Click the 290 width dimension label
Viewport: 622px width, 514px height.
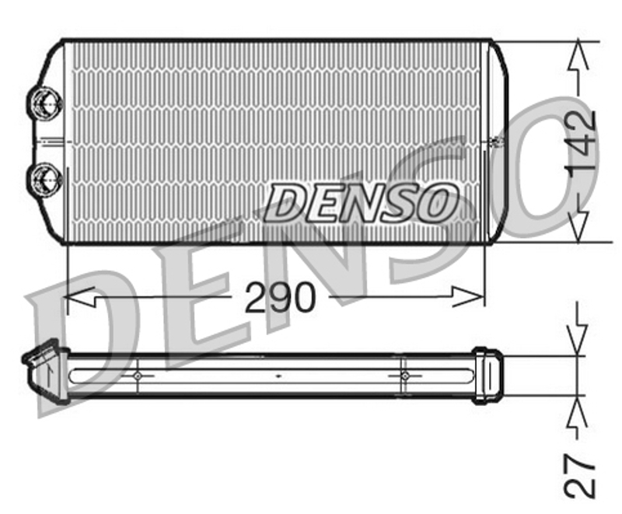coord(281,297)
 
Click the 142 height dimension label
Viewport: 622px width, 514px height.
coord(580,141)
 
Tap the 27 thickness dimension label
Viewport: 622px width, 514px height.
coord(580,475)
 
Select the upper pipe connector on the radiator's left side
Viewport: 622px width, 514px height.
coord(44,103)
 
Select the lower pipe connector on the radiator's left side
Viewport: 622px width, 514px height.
coord(44,180)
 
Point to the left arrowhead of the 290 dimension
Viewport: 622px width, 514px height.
coord(80,297)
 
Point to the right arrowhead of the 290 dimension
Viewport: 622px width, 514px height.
coord(468,297)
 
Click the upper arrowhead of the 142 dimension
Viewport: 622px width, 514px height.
coord(578,54)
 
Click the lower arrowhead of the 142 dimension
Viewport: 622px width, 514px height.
coord(578,226)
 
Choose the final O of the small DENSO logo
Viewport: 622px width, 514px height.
coord(435,202)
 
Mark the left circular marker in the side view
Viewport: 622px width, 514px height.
coord(138,376)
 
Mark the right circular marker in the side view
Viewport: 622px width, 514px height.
coord(404,376)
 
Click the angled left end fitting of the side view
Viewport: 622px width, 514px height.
coord(45,372)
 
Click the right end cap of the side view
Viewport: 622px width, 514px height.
coord(487,375)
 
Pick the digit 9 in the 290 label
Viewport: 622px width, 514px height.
coord(281,297)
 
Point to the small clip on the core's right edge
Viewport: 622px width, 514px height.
coord(496,141)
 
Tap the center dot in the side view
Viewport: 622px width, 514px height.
coord(278,376)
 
